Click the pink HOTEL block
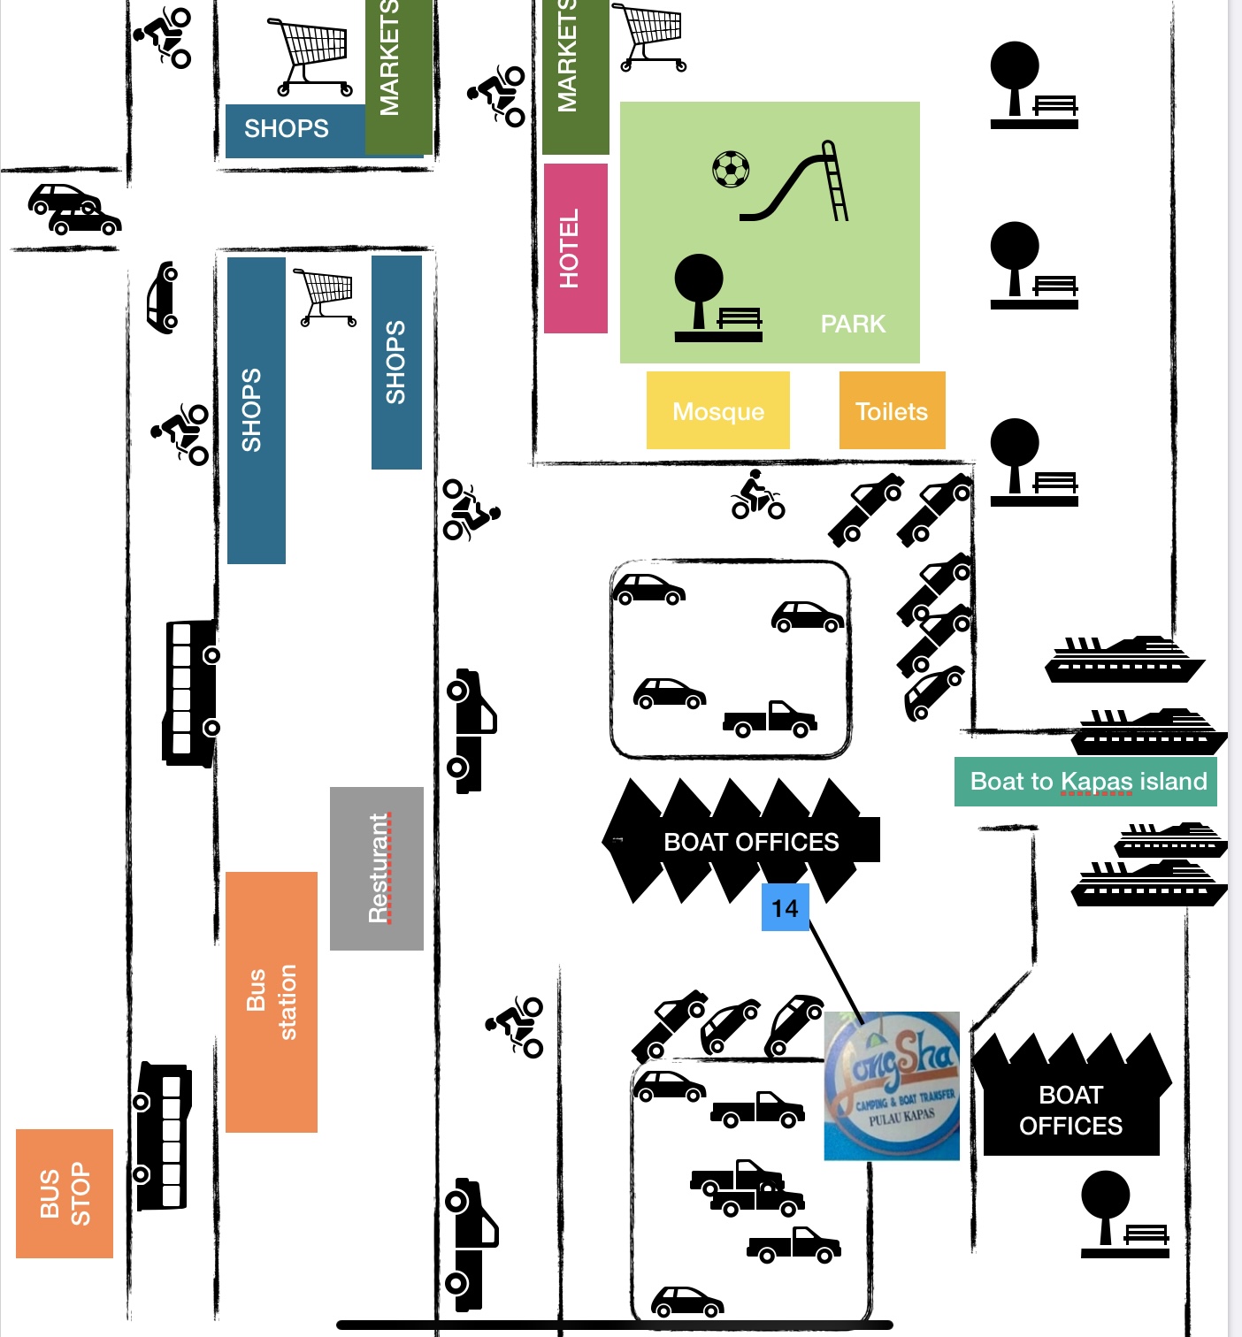[x=575, y=248]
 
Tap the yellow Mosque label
[x=717, y=410]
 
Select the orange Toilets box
[x=892, y=410]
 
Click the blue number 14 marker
[x=785, y=907]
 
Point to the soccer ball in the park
[x=731, y=169]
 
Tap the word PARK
[x=853, y=324]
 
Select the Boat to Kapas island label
[x=1085, y=782]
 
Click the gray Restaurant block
[x=377, y=868]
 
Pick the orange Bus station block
[x=272, y=1002]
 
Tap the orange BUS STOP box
[x=65, y=1193]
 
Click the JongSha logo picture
[x=892, y=1086]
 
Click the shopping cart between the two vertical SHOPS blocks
[x=326, y=296]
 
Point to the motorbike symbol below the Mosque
[x=757, y=496]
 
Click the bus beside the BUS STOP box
[x=164, y=1136]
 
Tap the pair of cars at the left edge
[x=73, y=210]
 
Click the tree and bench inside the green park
[x=717, y=299]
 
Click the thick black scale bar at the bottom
[x=615, y=1325]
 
